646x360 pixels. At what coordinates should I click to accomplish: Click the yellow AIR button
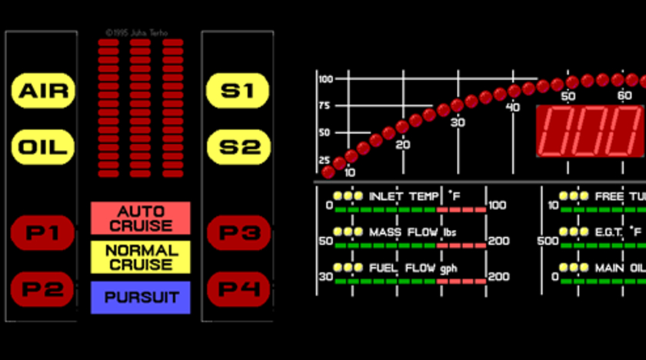point(44,92)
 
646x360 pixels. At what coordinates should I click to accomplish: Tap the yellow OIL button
point(44,146)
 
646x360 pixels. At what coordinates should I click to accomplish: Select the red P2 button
point(42,290)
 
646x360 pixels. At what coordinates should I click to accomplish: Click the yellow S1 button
point(238,92)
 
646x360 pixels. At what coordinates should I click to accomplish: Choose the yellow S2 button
point(238,146)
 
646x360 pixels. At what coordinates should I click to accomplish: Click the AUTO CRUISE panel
point(141,218)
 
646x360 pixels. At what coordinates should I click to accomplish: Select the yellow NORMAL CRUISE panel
point(141,257)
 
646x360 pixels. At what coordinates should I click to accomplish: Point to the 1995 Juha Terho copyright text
point(137,33)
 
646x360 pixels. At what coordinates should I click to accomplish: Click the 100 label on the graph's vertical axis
point(325,79)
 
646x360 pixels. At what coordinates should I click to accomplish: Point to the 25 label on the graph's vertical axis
point(325,159)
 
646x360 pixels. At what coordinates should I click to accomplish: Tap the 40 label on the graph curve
point(513,107)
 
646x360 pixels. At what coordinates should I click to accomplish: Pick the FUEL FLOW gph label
point(413,268)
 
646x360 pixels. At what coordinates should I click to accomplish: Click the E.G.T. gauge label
point(618,232)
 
